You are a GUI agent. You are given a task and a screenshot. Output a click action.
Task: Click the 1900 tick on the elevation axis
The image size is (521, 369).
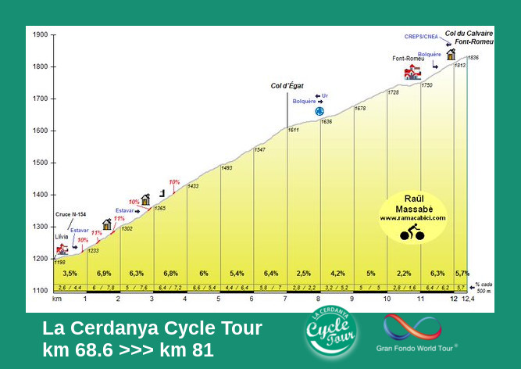pos(40,34)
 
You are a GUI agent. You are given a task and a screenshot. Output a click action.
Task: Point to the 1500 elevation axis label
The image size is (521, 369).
pos(40,163)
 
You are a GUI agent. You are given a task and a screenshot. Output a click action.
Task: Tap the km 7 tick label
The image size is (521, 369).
pos(286,299)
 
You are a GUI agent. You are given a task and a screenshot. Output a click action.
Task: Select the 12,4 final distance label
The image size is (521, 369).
pos(468,299)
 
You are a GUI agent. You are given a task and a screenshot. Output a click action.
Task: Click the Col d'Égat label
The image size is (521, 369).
pos(287,86)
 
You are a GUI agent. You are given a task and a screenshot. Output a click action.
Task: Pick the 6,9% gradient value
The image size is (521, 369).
pos(103,274)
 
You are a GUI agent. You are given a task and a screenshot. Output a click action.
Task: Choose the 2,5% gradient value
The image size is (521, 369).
pos(304,274)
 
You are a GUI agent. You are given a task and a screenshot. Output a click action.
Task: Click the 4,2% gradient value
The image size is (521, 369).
pos(337,274)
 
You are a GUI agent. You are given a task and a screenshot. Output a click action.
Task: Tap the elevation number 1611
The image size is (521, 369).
pos(294,130)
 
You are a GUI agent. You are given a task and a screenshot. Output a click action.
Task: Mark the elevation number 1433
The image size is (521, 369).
pos(193,186)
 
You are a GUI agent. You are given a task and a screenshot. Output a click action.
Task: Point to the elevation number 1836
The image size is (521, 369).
pos(473,58)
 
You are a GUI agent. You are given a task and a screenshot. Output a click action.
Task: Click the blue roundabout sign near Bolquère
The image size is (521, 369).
pos(319,112)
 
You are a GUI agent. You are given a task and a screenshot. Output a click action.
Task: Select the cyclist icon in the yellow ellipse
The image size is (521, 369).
pos(412,231)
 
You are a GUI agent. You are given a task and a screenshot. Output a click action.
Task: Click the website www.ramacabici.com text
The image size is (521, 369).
pos(412,218)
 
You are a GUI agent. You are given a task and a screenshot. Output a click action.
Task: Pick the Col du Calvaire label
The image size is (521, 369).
pos(464,34)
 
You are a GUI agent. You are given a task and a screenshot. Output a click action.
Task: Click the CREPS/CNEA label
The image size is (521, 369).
pos(421,37)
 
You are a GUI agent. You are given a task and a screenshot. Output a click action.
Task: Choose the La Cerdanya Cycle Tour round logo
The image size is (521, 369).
pos(332,333)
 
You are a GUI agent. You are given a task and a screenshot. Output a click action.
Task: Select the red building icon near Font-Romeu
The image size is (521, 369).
pos(412,73)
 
